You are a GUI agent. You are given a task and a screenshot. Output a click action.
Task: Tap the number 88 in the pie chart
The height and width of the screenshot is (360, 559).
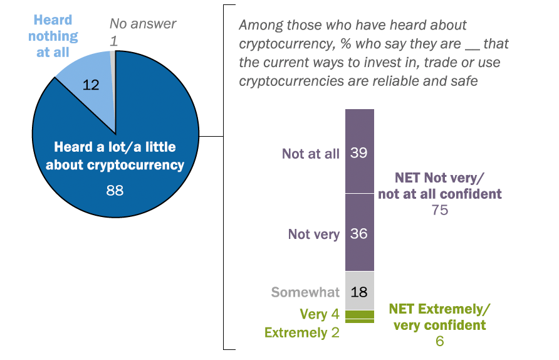(115, 189)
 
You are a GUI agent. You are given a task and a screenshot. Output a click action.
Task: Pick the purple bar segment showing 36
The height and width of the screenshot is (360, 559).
(360, 233)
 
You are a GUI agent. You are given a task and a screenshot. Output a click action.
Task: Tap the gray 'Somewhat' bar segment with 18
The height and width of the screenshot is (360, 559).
(360, 291)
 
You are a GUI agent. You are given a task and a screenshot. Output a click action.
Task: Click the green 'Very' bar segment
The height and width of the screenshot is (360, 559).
(360, 314)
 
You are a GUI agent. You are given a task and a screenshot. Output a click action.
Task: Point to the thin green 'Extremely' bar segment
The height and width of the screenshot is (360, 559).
(360, 321)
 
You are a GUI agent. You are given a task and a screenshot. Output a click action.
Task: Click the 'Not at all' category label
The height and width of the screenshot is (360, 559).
(311, 154)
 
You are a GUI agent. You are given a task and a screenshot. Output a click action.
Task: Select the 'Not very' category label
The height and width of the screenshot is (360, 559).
(313, 234)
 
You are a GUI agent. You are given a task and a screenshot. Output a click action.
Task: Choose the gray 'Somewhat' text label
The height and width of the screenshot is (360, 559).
(305, 292)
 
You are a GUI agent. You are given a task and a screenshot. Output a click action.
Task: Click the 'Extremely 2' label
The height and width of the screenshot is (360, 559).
(302, 332)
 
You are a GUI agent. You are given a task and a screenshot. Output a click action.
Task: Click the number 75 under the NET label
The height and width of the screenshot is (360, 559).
(439, 210)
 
